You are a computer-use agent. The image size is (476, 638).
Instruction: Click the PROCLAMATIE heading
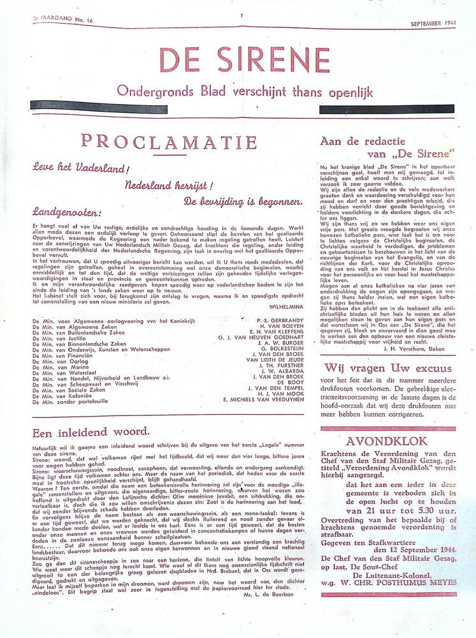pyautogui.click(x=169, y=141)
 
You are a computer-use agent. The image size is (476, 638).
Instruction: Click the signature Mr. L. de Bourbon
pyautogui.click(x=266, y=593)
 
